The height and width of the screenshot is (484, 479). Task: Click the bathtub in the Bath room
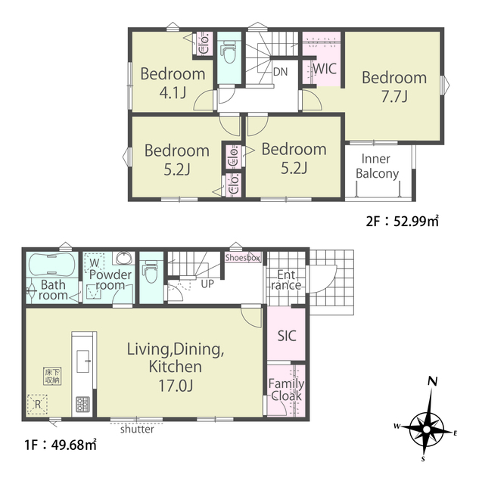coord(51,265)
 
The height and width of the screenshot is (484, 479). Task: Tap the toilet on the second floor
coord(229,51)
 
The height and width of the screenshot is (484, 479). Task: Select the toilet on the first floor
coord(151,271)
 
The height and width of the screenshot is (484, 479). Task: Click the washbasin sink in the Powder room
coord(124,258)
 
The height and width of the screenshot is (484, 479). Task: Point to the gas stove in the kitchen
coord(82,404)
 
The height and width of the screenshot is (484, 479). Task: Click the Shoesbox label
coord(242,257)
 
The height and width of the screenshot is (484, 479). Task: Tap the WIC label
coord(325,69)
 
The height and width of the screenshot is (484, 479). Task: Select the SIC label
coord(287,336)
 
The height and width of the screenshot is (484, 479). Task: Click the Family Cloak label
coord(286,389)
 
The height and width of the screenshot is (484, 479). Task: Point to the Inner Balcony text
coord(377,166)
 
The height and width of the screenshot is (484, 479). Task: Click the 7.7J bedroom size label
coord(394,97)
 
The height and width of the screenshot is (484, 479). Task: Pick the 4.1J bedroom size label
coord(173,92)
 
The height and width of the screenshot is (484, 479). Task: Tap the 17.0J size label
coord(176,385)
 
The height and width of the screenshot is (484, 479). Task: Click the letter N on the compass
coord(433,382)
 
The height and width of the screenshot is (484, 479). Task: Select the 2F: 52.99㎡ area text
coord(402,221)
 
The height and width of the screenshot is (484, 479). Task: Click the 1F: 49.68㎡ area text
coord(61,445)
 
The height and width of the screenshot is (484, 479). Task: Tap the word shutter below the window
coord(137,429)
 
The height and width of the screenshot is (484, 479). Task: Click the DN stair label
coord(280,72)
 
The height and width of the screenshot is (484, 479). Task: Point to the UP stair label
coord(207,284)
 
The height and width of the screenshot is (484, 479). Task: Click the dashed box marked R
coord(37,404)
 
